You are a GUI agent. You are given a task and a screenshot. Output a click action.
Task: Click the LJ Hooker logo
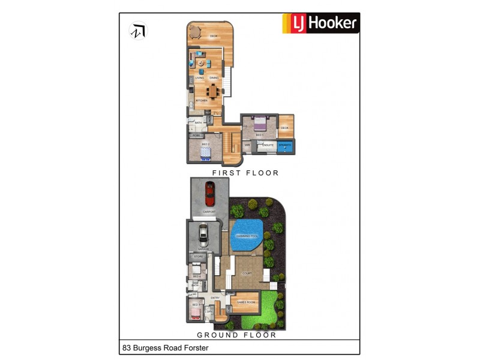(x=321, y=23)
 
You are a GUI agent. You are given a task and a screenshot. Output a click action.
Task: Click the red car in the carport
(x=209, y=193)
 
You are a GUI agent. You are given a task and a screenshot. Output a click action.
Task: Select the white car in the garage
(x=203, y=233)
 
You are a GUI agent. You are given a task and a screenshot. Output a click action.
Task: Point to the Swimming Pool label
(x=247, y=236)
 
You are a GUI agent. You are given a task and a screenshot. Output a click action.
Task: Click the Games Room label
(x=246, y=302)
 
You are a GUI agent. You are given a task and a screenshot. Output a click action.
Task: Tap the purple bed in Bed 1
(x=260, y=124)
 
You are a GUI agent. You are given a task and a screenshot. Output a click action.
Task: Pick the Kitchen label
(x=201, y=101)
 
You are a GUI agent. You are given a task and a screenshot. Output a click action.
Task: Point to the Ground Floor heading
(x=237, y=335)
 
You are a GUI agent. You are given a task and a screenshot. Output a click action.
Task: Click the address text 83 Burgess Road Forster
(x=161, y=347)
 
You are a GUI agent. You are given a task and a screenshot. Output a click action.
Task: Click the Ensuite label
(x=268, y=145)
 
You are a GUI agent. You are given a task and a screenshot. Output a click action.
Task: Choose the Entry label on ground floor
(x=215, y=298)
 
